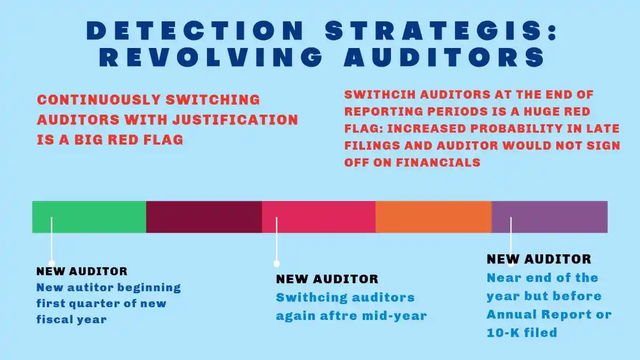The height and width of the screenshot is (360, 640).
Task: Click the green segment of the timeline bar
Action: click(x=89, y=217)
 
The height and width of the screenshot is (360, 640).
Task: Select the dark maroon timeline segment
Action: click(x=204, y=217)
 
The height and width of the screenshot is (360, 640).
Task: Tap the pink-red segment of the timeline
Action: click(x=318, y=217)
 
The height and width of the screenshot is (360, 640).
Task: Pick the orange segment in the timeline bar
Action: click(x=433, y=217)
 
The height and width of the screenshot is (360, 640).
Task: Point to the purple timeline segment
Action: click(x=549, y=217)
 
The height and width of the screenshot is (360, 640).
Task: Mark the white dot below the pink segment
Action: click(x=276, y=263)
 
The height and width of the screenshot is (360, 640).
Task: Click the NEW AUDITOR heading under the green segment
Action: click(x=82, y=271)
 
